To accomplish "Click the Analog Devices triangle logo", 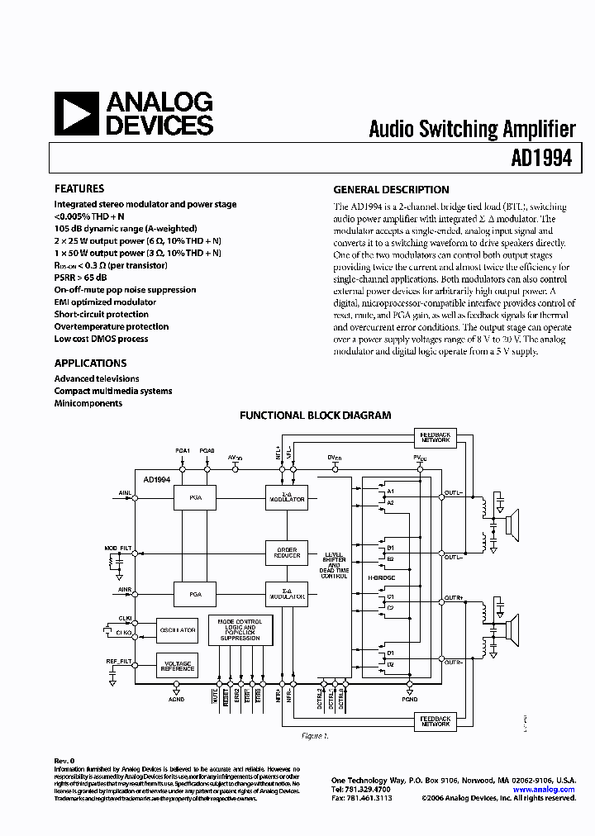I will click(77, 114).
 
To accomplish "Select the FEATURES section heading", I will click(79, 188).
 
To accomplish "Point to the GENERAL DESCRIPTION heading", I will click(391, 189).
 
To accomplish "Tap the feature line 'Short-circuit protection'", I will click(102, 314).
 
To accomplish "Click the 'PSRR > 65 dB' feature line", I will click(81, 278).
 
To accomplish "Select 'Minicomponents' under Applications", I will click(88, 403).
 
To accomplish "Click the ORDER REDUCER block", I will click(286, 552).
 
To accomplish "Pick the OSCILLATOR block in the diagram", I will click(177, 629).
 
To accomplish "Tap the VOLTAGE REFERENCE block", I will click(177, 665).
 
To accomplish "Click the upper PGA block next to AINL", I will click(194, 499).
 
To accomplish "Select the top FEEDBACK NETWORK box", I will click(435, 437).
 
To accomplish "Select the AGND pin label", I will click(177, 699).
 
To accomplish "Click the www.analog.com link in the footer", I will click(544, 790).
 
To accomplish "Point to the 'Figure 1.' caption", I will click(315, 735).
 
